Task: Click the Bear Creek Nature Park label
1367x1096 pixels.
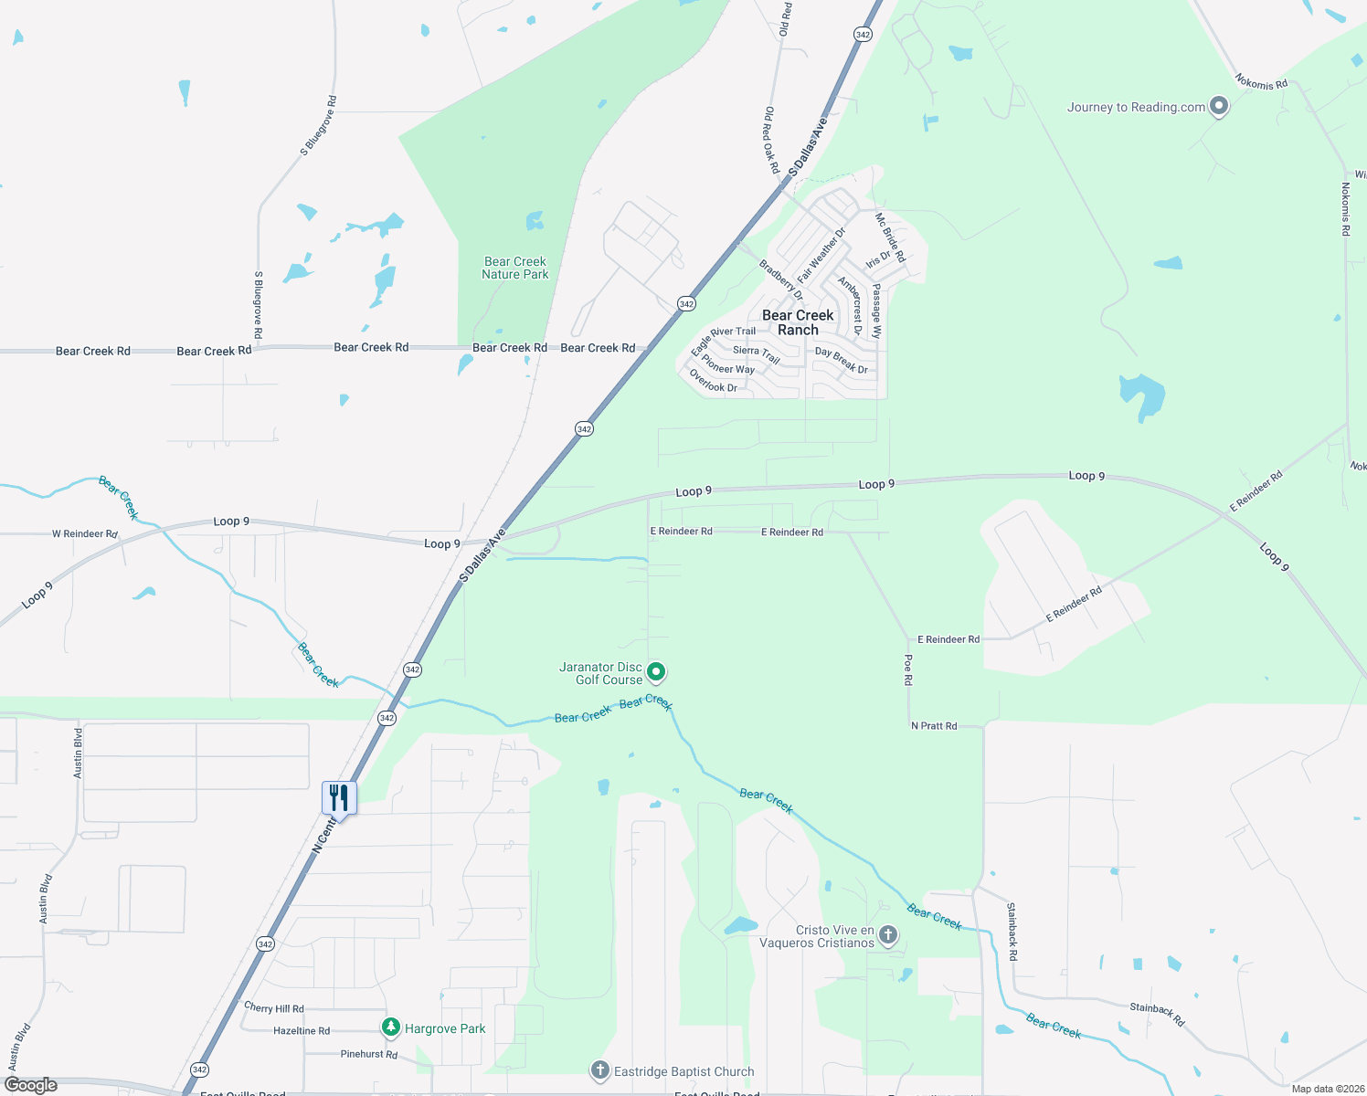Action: pos(515,268)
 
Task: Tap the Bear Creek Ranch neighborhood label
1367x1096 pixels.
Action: pos(798,322)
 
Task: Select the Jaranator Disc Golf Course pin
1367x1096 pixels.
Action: pos(656,672)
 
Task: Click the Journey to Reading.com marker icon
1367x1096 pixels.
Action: pos(1218,106)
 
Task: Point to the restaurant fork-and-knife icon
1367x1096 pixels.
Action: pos(339,797)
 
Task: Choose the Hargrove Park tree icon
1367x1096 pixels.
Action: pos(391,1027)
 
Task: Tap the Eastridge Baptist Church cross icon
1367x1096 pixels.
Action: pos(599,1070)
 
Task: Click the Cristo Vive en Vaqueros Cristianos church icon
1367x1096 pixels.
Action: pos(888,934)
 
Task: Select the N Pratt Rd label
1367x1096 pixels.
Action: pos(934,726)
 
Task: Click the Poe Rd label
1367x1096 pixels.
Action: pos(907,669)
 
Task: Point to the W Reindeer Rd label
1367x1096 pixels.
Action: pos(85,533)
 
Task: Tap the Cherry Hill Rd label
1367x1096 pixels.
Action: pos(274,1007)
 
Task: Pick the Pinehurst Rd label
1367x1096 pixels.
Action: pos(369,1054)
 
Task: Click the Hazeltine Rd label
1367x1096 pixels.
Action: pos(302,1030)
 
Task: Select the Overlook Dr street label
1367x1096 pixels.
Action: pos(713,381)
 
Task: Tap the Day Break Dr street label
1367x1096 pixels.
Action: pos(842,361)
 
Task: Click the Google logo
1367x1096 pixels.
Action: pos(31,1085)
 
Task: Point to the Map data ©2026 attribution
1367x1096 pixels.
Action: pos(1328,1089)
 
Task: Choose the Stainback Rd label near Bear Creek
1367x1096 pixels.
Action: pos(1157,1014)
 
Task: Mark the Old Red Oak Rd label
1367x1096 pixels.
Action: pos(771,140)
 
